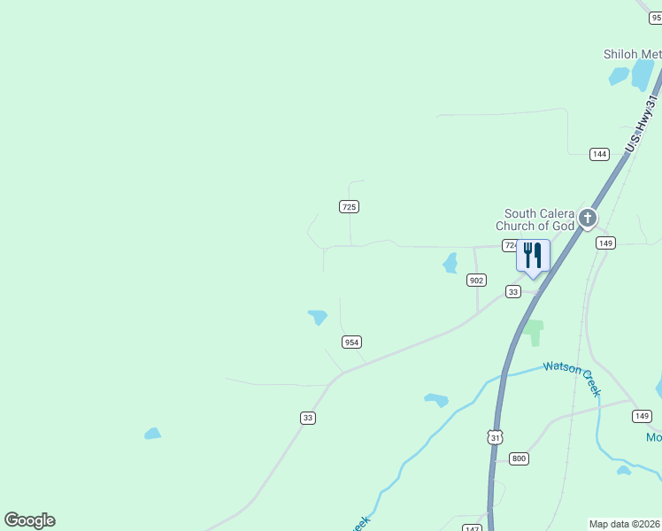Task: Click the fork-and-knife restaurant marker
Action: (533, 257)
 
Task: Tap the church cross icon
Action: (587, 217)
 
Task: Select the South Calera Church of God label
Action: (539, 219)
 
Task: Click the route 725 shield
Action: (349, 206)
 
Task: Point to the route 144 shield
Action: (600, 154)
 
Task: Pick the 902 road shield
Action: (476, 280)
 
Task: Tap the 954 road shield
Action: (351, 342)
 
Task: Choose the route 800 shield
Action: (519, 458)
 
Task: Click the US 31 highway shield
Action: (496, 437)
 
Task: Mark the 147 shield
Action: (472, 527)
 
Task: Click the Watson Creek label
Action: (573, 376)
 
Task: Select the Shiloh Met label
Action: (632, 54)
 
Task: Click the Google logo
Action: (29, 520)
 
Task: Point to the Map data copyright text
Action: (625, 524)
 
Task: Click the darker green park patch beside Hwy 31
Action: (533, 332)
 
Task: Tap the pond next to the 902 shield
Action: (450, 263)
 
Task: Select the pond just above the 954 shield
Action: (318, 316)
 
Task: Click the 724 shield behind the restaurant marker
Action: (510, 245)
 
